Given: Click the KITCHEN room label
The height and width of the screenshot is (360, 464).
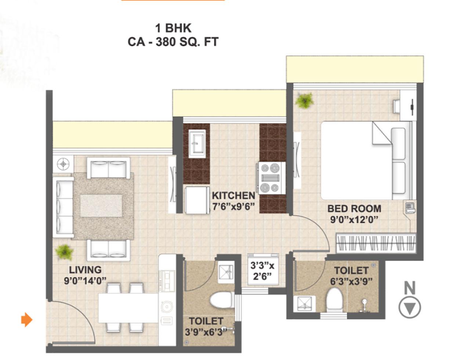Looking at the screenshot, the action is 233,196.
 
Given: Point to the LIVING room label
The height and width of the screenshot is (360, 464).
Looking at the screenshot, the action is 86,270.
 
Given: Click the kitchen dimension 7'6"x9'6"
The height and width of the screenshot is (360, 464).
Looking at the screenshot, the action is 234,207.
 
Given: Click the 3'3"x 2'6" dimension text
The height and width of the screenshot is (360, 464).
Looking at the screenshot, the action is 262,271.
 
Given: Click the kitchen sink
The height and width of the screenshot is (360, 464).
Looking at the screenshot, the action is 197,144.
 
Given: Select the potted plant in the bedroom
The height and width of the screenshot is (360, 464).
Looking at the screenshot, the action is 304,101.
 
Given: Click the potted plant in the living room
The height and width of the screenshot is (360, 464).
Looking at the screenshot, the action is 64,252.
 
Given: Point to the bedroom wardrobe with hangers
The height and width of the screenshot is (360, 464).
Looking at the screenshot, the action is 376,243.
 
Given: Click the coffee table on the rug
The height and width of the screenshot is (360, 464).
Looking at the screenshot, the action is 101,206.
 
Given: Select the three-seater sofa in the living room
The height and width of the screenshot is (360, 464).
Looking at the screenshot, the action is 64,207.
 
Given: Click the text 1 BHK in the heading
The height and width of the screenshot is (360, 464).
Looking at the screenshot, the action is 173,28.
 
